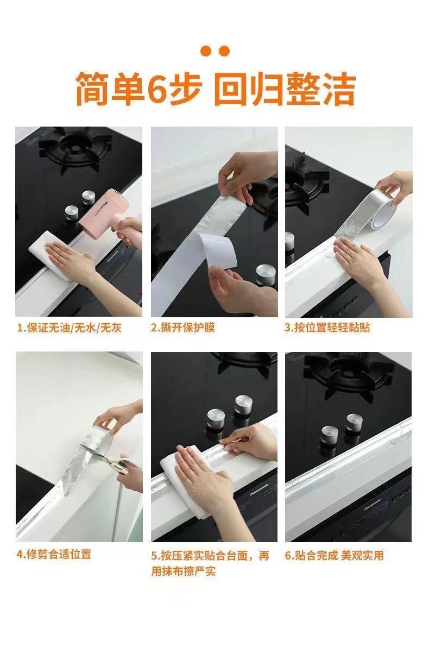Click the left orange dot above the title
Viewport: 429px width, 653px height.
pos(205,51)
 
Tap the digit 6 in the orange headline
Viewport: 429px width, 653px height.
pos(158,89)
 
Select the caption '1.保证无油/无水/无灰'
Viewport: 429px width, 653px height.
pos(69,328)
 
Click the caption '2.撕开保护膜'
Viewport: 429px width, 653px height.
pos(183,328)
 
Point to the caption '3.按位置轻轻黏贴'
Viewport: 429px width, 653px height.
pos(327,328)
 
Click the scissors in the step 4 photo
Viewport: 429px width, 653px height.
pos(108,457)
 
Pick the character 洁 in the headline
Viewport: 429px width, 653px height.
pos(338,89)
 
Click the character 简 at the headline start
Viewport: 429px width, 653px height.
pos(93,89)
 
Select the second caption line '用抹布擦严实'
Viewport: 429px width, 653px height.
pos(184,571)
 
